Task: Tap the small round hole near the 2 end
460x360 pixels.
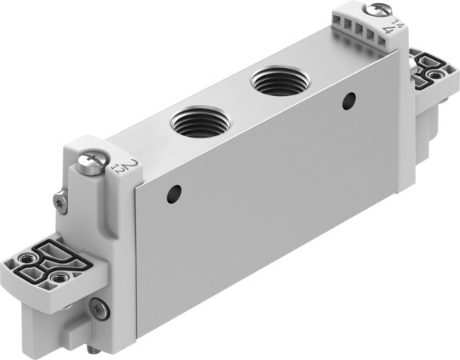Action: [x=174, y=192]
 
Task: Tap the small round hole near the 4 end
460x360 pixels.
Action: [x=348, y=101]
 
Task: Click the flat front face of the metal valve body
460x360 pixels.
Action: [x=272, y=200]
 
